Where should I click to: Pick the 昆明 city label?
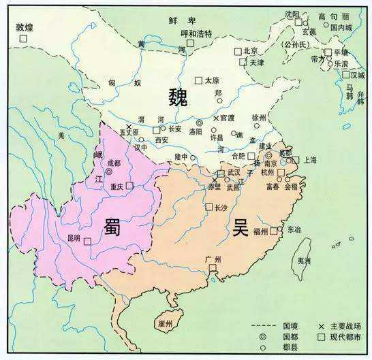[x=73, y=238]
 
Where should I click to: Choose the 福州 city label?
[x=260, y=231]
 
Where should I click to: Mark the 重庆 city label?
[x=115, y=186]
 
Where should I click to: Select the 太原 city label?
[x=211, y=80]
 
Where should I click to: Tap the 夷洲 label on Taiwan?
[x=305, y=261]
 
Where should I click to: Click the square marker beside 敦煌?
[x=24, y=39]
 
